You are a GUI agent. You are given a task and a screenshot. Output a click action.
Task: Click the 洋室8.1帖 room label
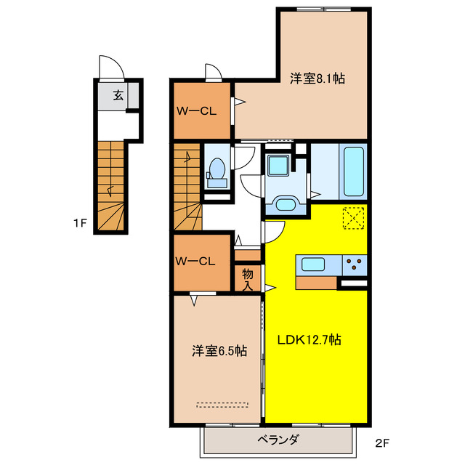pos(317,78)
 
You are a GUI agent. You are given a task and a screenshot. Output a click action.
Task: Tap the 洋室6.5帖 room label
pos(219,351)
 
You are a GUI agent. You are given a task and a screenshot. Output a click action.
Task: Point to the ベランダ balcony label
pos(278,440)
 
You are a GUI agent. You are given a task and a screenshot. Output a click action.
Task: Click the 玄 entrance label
pos(118,94)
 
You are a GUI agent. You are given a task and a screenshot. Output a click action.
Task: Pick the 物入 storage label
pos(248,278)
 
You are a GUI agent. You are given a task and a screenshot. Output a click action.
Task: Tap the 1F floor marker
pos(80,224)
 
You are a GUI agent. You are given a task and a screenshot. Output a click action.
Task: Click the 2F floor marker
pos(383,442)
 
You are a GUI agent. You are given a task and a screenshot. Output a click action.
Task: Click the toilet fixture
pos(215,171)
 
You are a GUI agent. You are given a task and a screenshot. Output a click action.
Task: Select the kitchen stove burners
pos(355,264)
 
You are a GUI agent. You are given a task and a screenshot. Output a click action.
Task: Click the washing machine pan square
pos(277,165)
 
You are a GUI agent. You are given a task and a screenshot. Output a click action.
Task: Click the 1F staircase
pos(111,185)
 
